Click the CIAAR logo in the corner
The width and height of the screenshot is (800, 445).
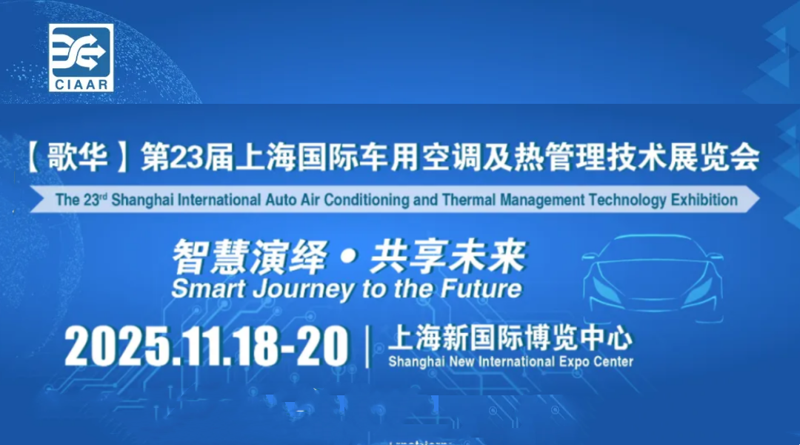click(x=81, y=58)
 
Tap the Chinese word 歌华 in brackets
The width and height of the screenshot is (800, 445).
click(x=78, y=156)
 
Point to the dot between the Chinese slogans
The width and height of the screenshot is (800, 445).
click(x=348, y=257)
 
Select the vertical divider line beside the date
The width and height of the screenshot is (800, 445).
click(x=367, y=347)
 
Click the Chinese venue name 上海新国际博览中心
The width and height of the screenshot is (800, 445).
click(x=510, y=337)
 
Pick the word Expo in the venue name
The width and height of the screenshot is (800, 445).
click(x=574, y=362)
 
